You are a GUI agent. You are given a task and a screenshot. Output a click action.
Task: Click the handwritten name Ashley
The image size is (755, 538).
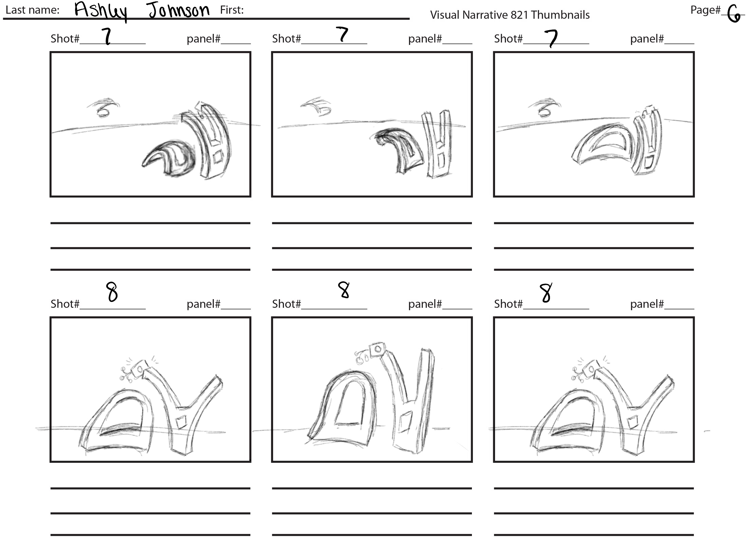100,11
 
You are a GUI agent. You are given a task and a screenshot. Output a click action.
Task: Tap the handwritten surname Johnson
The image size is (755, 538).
179,10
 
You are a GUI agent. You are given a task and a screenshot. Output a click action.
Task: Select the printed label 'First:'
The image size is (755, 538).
232,10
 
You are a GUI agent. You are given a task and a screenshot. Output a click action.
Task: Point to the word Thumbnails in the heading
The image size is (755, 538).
560,15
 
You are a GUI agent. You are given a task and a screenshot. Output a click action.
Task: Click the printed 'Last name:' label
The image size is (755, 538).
33,10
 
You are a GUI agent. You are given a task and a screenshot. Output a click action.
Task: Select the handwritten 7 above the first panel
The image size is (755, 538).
107,36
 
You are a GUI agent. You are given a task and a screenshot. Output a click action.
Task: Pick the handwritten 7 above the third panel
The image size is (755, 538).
551,38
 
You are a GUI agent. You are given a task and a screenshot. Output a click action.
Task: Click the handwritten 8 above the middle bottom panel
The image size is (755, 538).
344,290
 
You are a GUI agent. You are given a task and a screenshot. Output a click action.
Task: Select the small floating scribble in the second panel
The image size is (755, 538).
316,106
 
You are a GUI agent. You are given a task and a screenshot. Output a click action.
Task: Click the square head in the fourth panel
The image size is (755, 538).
139,369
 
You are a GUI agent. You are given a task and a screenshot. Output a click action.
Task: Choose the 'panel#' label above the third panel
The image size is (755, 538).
647,39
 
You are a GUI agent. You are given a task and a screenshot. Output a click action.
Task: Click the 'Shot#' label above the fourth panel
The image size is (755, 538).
65,304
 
